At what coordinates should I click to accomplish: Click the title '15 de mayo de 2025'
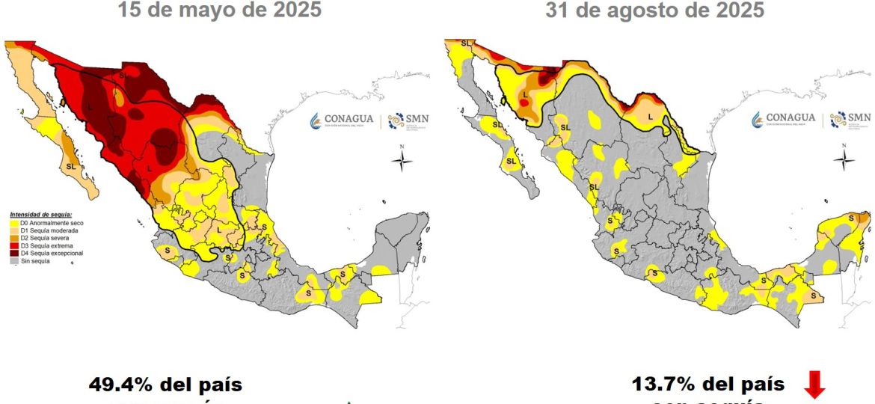[219, 11]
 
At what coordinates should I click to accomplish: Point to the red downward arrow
[814, 387]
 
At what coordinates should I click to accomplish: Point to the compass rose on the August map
[844, 159]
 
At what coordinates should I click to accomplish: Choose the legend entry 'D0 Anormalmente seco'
[45, 223]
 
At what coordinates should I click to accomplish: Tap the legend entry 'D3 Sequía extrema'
[41, 245]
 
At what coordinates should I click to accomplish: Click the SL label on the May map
[71, 165]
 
